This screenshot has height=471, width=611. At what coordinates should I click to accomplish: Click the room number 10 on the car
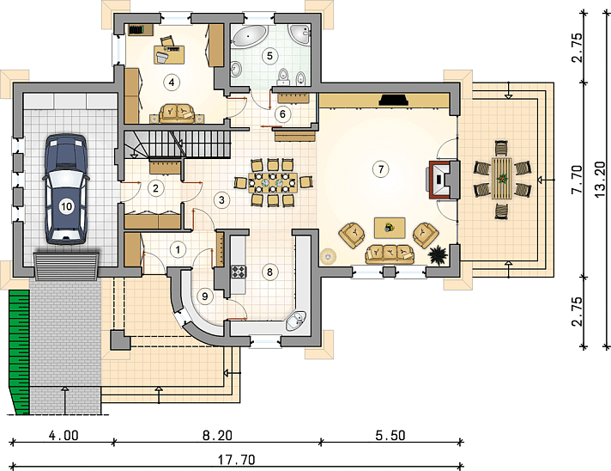(67, 205)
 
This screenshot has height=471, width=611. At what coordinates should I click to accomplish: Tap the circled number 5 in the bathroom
(269, 56)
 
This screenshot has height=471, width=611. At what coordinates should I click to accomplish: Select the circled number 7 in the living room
(381, 169)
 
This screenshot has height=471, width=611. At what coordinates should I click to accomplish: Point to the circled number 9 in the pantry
(205, 297)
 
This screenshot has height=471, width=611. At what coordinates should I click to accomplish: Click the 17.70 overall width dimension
(237, 460)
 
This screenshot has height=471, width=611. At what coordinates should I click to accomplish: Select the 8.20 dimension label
(217, 435)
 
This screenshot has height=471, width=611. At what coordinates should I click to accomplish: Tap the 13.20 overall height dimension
(601, 180)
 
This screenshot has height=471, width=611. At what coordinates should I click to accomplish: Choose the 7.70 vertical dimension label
(577, 179)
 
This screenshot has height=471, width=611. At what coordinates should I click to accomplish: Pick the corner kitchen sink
(296, 321)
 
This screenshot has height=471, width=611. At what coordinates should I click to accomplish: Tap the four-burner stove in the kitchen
(239, 272)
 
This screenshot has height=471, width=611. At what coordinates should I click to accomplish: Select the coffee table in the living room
(390, 228)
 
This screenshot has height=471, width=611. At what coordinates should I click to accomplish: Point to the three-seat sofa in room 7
(390, 254)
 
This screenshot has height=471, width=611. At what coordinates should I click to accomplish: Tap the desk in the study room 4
(170, 54)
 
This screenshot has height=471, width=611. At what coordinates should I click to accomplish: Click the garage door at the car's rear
(66, 266)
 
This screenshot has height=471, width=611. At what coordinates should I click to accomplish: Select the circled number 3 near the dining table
(221, 200)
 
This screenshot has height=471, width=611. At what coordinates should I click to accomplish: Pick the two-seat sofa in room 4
(178, 113)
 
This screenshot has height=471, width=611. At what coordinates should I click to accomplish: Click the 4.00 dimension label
(64, 435)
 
